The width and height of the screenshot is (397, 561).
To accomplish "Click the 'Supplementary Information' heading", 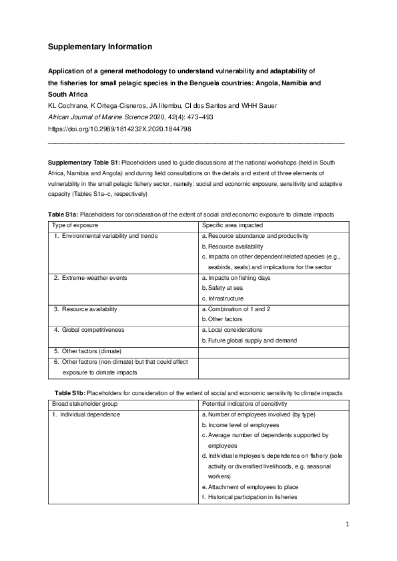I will (x=100, y=47).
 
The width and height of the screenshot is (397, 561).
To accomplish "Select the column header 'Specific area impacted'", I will (x=234, y=227).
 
